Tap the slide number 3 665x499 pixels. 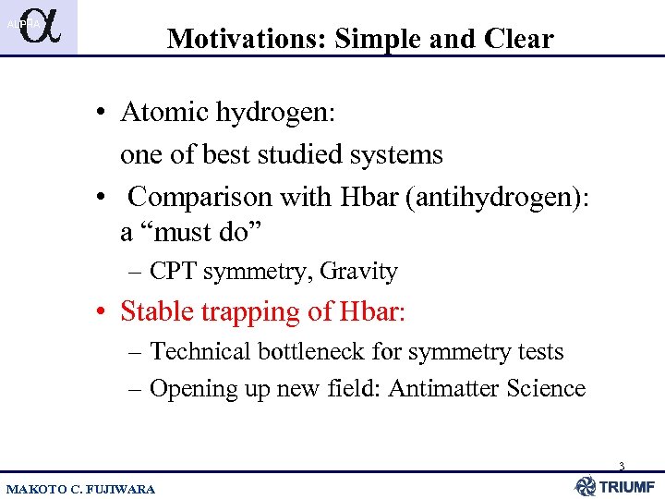[622, 467]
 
